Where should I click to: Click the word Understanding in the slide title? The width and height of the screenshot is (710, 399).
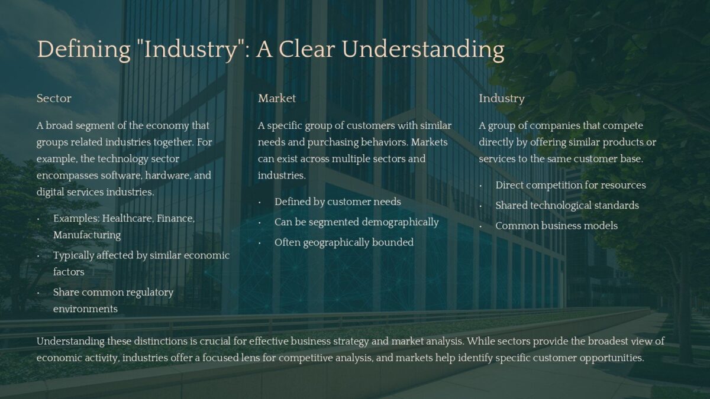tap(423, 50)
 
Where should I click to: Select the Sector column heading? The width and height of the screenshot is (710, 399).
tap(54, 98)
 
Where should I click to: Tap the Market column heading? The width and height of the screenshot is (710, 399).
tap(277, 98)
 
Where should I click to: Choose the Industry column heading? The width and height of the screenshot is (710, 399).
tap(502, 98)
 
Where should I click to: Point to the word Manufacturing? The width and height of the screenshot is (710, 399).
tap(87, 235)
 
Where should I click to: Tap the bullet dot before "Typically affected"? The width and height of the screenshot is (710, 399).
tap(38, 255)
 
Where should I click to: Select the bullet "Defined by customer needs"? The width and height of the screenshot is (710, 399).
tap(337, 202)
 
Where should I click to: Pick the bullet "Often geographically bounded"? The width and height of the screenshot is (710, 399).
tap(344, 242)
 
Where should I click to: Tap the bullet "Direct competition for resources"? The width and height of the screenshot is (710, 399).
tap(570, 185)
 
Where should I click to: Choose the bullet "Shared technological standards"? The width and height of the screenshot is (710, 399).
tap(567, 205)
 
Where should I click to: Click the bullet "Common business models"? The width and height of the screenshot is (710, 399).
tap(556, 225)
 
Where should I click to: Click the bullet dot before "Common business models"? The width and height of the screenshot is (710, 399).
tap(481, 226)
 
